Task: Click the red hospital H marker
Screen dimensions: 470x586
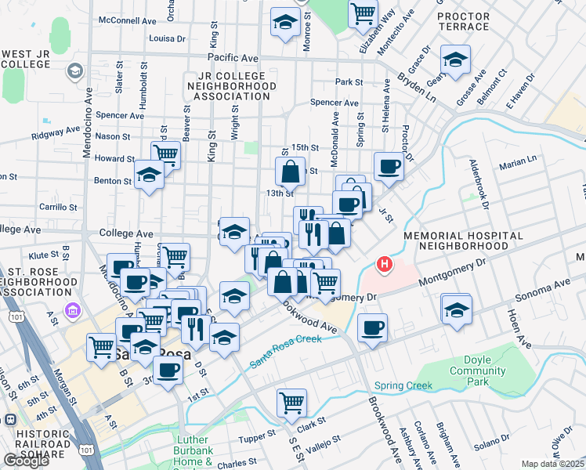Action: coord(384,266)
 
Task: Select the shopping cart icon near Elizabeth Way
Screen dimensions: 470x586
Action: coord(363,13)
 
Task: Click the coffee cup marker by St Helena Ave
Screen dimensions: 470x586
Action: coord(388,166)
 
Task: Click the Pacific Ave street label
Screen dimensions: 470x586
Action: coord(233,58)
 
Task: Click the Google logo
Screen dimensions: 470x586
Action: coord(26,461)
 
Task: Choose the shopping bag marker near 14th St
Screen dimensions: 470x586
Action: coord(290,171)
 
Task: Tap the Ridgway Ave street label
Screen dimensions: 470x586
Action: coord(55,132)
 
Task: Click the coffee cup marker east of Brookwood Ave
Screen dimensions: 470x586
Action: coord(373,327)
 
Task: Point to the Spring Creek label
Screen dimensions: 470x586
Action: coord(403,385)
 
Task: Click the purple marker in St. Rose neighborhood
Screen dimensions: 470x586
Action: coord(74,312)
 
